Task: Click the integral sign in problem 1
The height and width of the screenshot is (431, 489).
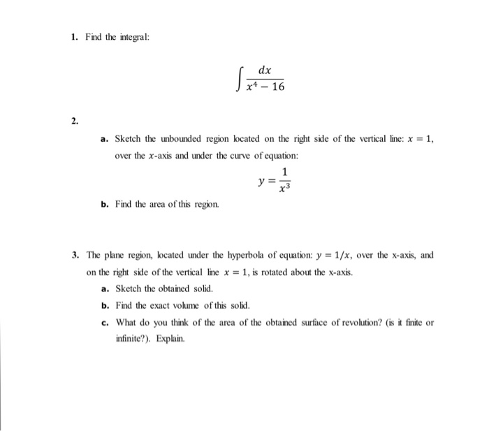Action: pyautogui.click(x=238, y=78)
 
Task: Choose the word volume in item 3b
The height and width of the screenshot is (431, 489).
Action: pyautogui.click(x=188, y=306)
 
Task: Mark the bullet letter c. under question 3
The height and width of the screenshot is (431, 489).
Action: pyautogui.click(x=103, y=322)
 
